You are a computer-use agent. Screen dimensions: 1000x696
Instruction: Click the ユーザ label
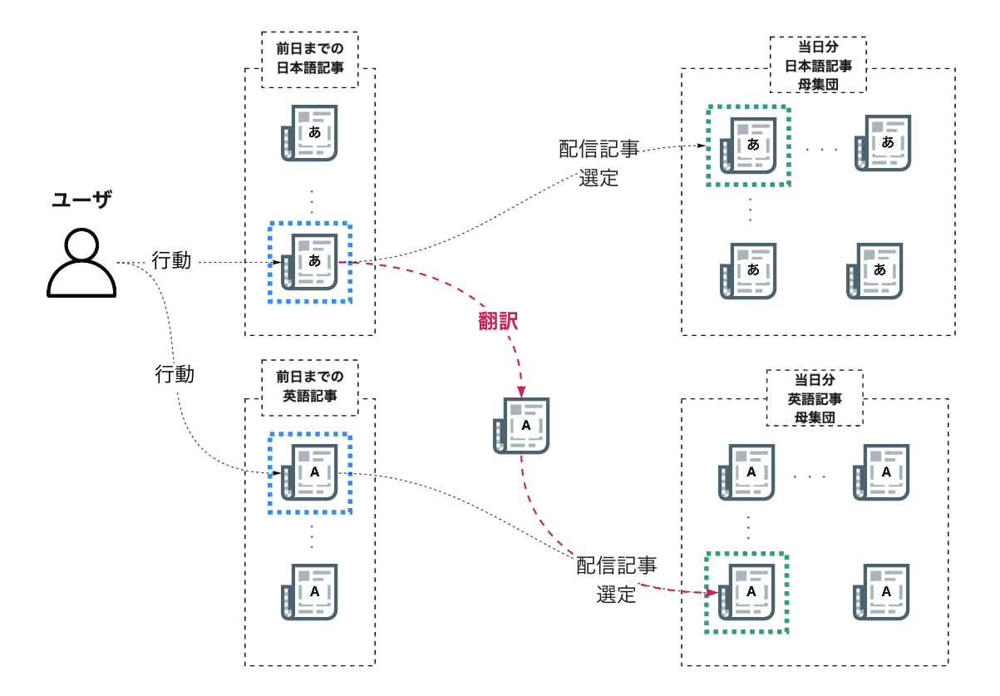(x=81, y=200)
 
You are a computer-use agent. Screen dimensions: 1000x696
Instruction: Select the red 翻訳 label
(x=498, y=321)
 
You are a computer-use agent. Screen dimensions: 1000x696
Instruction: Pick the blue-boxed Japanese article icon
(x=309, y=262)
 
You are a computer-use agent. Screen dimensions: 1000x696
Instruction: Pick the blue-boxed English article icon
(x=309, y=472)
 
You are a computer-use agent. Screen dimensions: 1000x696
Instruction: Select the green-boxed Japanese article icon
(x=748, y=146)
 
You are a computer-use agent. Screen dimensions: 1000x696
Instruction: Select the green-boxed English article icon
(x=746, y=592)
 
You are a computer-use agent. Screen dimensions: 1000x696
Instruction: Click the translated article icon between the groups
(x=521, y=426)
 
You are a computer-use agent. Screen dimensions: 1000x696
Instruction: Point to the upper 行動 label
(x=171, y=260)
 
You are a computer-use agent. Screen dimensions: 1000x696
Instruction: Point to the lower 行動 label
(x=175, y=374)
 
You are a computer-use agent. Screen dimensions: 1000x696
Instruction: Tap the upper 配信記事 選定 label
(x=599, y=163)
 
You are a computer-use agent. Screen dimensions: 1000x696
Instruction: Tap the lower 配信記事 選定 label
(x=616, y=580)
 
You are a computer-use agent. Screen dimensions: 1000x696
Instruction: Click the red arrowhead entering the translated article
(x=521, y=392)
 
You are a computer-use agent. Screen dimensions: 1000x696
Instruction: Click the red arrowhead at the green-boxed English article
(x=712, y=593)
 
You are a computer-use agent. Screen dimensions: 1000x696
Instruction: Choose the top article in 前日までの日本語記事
(x=309, y=133)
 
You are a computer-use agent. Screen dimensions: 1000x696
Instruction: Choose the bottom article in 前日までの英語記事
(x=309, y=592)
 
